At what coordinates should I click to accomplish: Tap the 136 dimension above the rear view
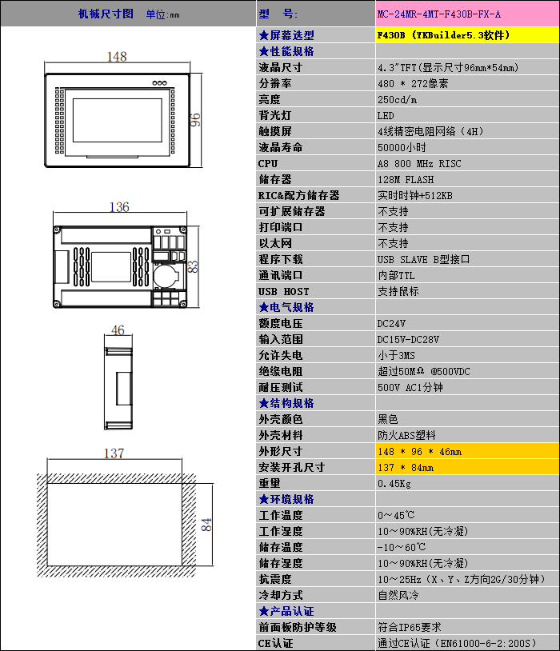(119, 207)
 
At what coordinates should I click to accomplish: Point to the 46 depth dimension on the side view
(118, 330)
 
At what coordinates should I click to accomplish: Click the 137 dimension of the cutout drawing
(114, 453)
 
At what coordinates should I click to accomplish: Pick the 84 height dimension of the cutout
(206, 525)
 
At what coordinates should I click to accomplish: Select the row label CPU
(268, 163)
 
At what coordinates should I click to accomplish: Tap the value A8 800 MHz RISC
(419, 163)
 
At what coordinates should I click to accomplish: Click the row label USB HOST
(283, 291)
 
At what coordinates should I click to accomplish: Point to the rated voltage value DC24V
(391, 323)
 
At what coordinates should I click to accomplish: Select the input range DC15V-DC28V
(408, 339)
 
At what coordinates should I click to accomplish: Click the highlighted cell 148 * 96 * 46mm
(419, 451)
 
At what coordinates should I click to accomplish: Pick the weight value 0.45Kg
(394, 483)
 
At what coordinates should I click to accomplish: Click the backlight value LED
(386, 115)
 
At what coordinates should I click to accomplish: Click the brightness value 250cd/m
(397, 99)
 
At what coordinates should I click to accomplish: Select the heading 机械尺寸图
(106, 14)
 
